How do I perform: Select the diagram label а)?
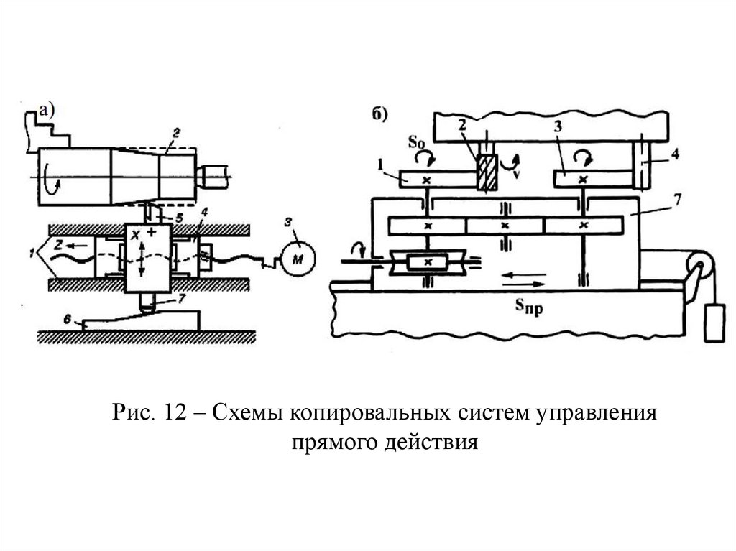pos(46,110)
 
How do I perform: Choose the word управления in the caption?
pos(588,415)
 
